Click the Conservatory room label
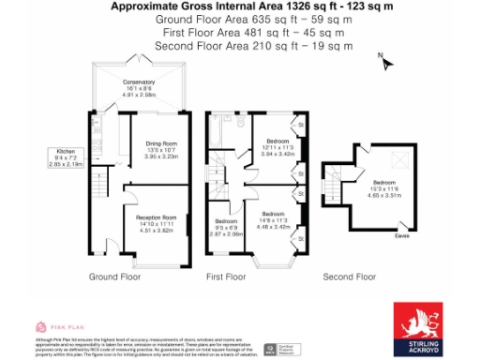click(x=138, y=88)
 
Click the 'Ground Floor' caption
click(x=115, y=277)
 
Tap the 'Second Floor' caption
click(x=349, y=277)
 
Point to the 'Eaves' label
click(x=403, y=234)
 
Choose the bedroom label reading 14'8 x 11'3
click(x=275, y=221)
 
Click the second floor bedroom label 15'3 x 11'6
click(x=384, y=187)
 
